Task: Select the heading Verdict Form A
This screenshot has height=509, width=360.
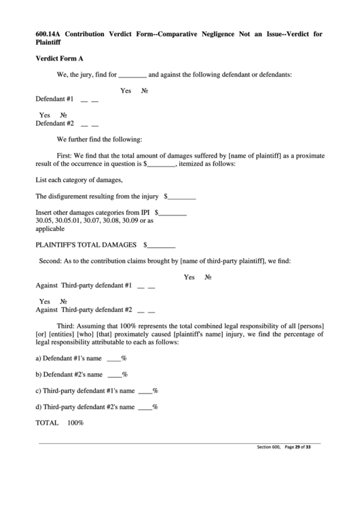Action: (59, 59)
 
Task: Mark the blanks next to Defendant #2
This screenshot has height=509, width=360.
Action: (89, 124)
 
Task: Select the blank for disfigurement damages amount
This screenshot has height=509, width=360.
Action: (181, 198)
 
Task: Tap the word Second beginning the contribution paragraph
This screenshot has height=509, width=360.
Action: (50, 260)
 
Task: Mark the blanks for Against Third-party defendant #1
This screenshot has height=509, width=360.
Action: (146, 286)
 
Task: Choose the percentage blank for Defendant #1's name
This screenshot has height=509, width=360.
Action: (113, 357)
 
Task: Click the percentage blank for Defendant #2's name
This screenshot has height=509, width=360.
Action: (114, 374)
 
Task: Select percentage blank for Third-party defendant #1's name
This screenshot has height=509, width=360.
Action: (144, 391)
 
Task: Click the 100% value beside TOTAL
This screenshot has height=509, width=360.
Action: (75, 423)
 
